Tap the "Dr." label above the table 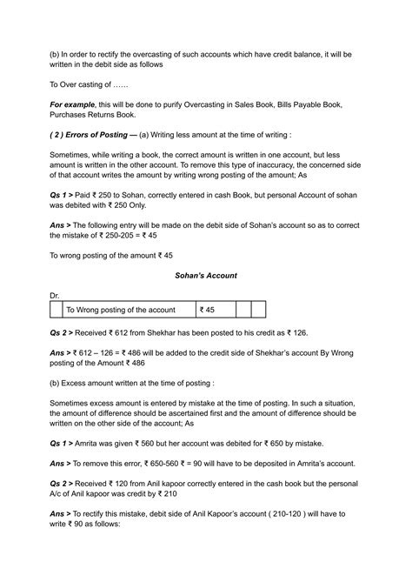(x=55, y=296)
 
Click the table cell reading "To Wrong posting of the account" (x=121, y=310)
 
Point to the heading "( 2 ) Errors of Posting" (x=97, y=157)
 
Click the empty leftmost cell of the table (x=56, y=310)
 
